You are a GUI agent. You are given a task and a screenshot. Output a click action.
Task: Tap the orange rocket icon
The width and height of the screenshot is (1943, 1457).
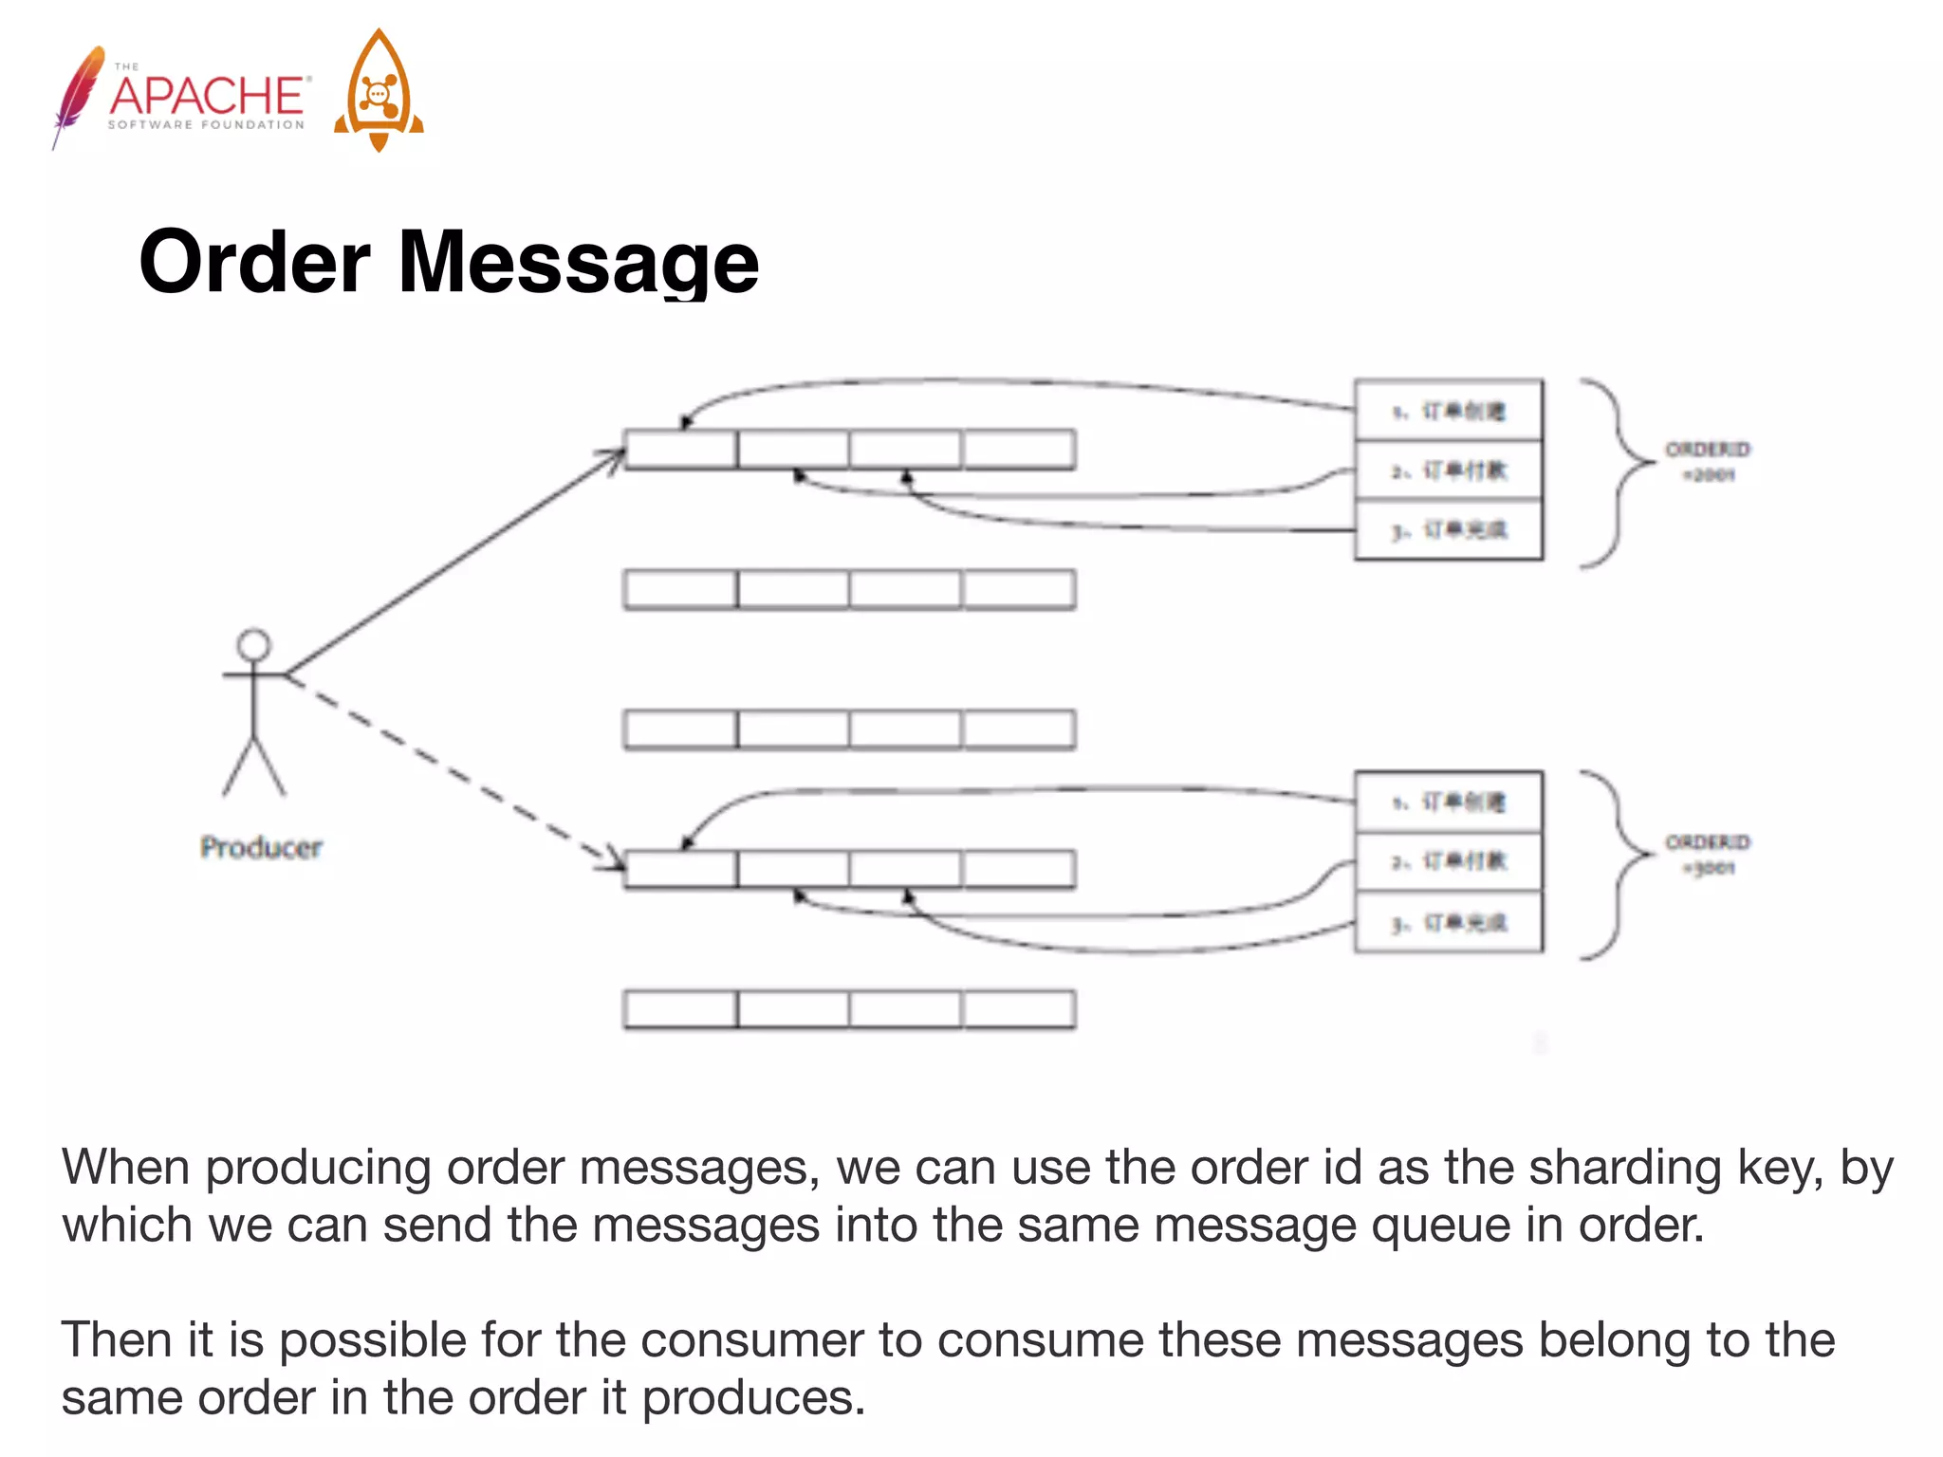tap(379, 91)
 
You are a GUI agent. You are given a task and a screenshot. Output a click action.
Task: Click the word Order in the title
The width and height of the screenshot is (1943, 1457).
tap(254, 263)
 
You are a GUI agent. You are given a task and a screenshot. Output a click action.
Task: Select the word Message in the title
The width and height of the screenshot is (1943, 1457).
tap(579, 263)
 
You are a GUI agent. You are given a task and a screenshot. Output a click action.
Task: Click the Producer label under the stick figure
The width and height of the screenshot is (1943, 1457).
tap(261, 847)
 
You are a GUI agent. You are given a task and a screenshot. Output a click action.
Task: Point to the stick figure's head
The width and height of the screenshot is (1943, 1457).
tap(253, 645)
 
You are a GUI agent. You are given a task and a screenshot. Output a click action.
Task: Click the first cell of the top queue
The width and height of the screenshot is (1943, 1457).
tap(680, 450)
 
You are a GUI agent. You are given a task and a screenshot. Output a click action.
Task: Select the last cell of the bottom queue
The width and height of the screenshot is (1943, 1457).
tap(1019, 1009)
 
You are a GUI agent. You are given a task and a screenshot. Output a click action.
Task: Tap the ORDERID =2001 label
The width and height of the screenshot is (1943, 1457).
tap(1708, 461)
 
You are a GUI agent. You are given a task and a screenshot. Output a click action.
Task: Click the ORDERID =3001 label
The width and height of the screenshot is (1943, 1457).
tap(1708, 854)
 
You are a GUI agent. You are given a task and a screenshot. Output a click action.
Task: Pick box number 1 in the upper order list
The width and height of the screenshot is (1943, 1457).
tap(1449, 411)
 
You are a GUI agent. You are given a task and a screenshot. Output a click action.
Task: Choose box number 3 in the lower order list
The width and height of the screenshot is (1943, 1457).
tap(1449, 922)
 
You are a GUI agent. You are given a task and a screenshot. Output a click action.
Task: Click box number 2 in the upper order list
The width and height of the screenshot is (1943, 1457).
tap(1449, 470)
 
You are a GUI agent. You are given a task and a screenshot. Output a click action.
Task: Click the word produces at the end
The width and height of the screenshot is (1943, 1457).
tap(753, 1398)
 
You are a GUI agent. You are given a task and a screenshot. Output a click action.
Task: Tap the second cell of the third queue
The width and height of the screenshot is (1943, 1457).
tap(793, 729)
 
